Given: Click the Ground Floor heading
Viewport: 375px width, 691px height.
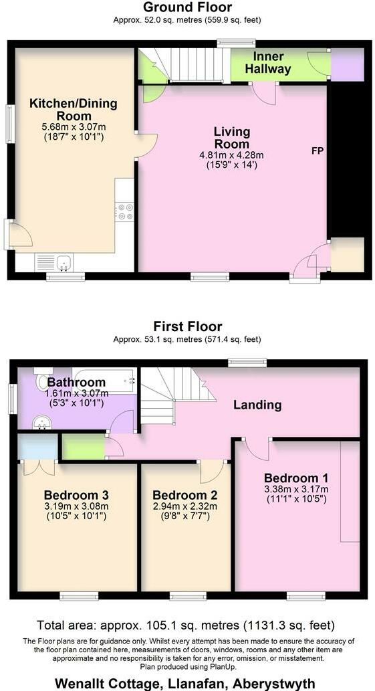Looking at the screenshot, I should pyautogui.click(x=187, y=7).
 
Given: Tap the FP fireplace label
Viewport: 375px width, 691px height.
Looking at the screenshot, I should pyautogui.click(x=317, y=151).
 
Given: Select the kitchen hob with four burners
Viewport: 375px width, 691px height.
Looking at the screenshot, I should pyautogui.click(x=124, y=211).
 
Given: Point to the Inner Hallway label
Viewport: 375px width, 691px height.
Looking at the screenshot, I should pyautogui.click(x=267, y=63).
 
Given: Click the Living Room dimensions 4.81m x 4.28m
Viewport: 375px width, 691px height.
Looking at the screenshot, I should pyautogui.click(x=231, y=155).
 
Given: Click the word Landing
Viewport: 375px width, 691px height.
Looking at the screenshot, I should pyautogui.click(x=257, y=405).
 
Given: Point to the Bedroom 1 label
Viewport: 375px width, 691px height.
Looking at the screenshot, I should pyautogui.click(x=295, y=478).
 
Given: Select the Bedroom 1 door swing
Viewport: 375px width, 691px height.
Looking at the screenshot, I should pyautogui.click(x=257, y=449).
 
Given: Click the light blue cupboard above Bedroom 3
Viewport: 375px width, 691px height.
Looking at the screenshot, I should pyautogui.click(x=37, y=446).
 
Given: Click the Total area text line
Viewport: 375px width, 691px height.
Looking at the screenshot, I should pyautogui.click(x=186, y=626).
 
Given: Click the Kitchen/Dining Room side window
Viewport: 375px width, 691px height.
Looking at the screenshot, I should pyautogui.click(x=9, y=124).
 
